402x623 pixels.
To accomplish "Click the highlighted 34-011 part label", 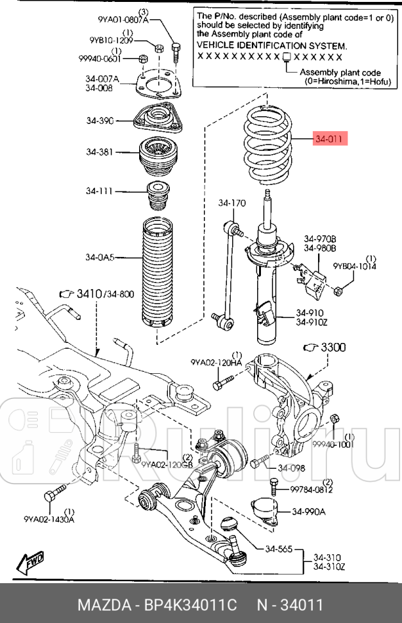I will [330, 139].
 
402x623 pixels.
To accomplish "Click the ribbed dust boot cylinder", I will [158, 276].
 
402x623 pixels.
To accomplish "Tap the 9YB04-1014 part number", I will [355, 266].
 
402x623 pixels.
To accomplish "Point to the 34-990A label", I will [309, 512].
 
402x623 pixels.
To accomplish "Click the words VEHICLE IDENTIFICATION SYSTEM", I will [272, 46].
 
